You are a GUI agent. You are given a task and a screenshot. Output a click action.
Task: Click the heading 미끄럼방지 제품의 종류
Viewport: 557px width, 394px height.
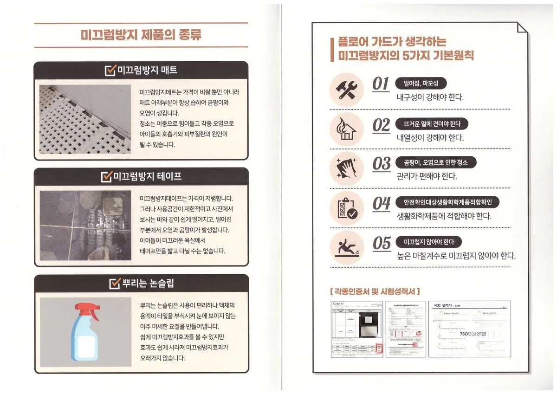141,35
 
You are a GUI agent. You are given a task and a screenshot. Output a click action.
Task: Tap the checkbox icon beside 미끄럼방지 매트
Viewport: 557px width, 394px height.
110,71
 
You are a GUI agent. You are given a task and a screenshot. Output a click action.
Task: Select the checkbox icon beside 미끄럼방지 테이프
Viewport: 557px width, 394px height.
107,177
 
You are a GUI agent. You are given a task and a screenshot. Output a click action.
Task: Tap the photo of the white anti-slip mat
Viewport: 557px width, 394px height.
85,119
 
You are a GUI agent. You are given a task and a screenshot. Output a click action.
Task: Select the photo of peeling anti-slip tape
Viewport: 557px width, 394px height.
85,225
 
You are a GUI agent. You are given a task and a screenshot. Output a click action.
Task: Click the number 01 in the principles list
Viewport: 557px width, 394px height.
381,84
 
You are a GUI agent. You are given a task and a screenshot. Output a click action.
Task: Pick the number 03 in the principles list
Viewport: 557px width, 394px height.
382,164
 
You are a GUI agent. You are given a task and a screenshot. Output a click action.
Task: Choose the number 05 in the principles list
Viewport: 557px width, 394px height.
382,244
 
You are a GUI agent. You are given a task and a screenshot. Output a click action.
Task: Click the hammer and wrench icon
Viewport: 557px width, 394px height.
346,88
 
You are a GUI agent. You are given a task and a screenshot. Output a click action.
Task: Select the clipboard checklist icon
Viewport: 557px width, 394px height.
346,207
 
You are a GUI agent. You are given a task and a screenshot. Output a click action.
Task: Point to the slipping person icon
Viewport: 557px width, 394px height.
346,247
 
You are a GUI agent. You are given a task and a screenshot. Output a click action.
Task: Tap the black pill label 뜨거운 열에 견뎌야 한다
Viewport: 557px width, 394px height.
432,124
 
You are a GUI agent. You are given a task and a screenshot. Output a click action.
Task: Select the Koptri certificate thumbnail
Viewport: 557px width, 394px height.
356,329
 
